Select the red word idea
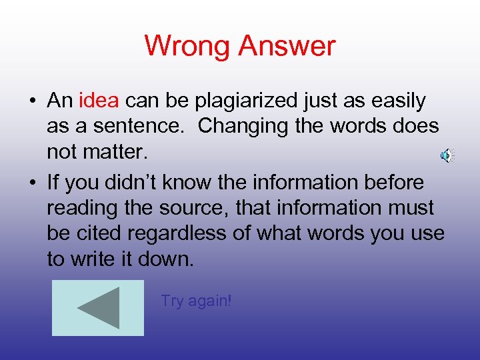pos(99,101)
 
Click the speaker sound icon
pos(447,155)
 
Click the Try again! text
pos(196,301)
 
